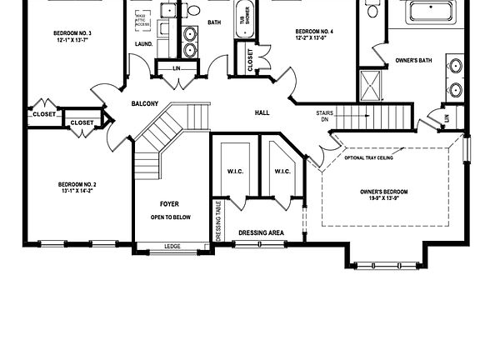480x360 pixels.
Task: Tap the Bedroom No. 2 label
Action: point(77,187)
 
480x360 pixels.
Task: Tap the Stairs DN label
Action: point(325,116)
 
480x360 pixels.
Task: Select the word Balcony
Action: point(144,104)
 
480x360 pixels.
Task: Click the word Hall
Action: point(262,112)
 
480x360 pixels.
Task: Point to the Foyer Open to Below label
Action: point(170,210)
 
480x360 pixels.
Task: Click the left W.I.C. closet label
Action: point(234,172)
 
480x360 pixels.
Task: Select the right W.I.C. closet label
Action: point(282,172)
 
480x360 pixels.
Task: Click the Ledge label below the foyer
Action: point(172,246)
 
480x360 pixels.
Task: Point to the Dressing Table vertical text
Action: point(218,220)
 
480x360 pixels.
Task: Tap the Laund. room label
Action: point(142,45)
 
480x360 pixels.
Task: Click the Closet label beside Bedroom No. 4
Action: point(250,58)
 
